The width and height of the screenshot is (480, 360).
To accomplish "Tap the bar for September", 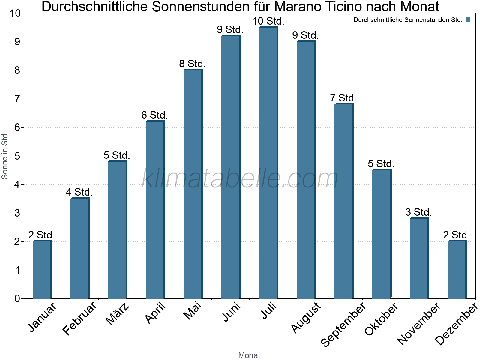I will click(x=344, y=201).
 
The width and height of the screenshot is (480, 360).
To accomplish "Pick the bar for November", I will click(x=419, y=258).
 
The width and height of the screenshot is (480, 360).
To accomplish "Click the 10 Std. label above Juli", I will click(x=268, y=21).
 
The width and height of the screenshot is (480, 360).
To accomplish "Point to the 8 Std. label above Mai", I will click(x=193, y=64).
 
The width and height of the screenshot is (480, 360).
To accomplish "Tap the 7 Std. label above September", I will click(x=343, y=98).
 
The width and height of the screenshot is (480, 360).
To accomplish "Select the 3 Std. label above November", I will click(x=419, y=212).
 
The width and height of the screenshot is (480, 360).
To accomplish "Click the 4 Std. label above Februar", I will click(x=79, y=192).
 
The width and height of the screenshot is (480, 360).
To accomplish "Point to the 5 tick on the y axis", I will click(x=17, y=156).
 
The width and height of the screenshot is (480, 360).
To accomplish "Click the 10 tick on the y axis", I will click(x=15, y=13).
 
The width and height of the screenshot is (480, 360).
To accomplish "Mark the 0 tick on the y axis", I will click(x=17, y=299).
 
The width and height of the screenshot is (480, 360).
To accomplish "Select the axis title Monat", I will click(x=249, y=355).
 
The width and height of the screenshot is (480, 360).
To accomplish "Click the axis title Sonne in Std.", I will click(x=5, y=156).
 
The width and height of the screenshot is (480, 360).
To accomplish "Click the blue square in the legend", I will click(x=468, y=20).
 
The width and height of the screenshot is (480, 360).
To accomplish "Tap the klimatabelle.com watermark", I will click(x=240, y=178).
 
